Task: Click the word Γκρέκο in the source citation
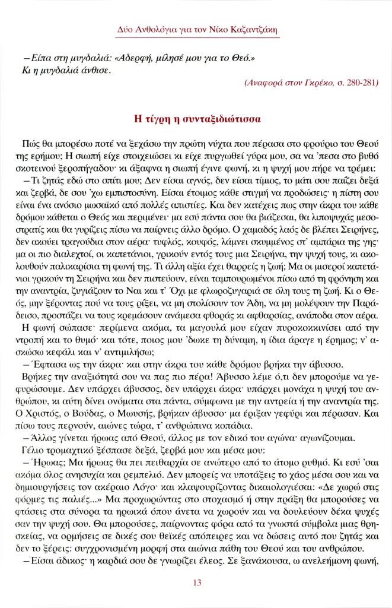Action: (309, 84)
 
